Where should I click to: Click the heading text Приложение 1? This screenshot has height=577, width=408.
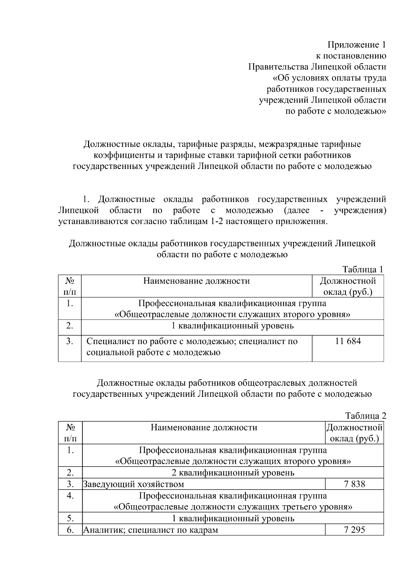click(x=357, y=45)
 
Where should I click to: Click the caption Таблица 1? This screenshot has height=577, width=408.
click(x=363, y=269)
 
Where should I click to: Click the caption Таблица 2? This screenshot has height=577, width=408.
click(x=365, y=416)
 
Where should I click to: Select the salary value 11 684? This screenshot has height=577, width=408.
click(x=347, y=341)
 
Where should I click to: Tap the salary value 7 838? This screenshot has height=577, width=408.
click(x=354, y=484)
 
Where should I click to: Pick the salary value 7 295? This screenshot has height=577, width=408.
click(x=354, y=529)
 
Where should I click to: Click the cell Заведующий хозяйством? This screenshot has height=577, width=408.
click(x=134, y=484)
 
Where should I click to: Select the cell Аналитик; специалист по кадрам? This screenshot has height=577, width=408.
click(x=151, y=529)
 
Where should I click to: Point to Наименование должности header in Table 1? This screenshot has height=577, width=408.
click(x=196, y=281)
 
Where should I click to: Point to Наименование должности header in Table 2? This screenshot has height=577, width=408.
click(x=204, y=427)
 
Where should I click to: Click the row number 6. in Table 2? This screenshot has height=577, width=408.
click(x=70, y=529)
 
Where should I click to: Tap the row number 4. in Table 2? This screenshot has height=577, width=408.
click(x=70, y=495)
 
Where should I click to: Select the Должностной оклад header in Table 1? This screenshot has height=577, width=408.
click(x=347, y=286)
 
